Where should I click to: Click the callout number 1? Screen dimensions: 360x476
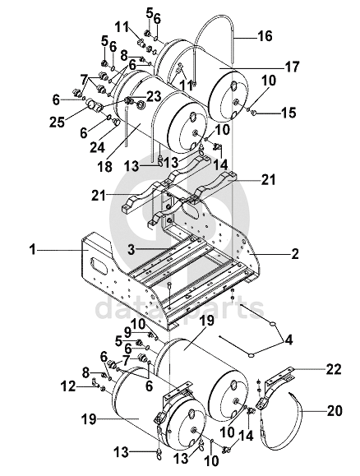click(x=32, y=251)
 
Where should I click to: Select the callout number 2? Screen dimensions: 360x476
click(x=294, y=253)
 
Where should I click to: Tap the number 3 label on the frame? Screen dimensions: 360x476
click(x=132, y=250)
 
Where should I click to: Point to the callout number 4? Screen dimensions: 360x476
click(x=288, y=340)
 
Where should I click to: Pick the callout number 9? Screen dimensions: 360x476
click(x=128, y=333)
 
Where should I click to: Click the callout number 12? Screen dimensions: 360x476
click(x=67, y=386)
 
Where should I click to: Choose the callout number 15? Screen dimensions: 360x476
click(x=288, y=113)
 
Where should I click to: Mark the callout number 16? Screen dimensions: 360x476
click(x=265, y=36)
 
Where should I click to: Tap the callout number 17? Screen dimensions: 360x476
click(x=292, y=67)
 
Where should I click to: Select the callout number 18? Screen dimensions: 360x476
click(x=104, y=166)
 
